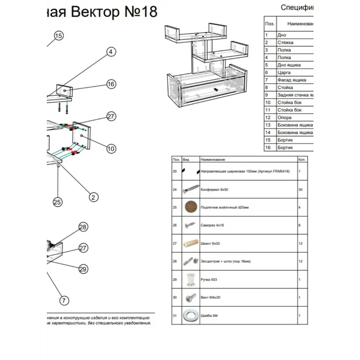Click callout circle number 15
59,36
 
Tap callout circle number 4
111,52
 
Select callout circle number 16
111,84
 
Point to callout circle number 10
111,148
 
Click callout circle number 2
93,197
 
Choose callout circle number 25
57,202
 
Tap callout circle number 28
83,227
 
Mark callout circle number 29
83,269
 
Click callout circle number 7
64,300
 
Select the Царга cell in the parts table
284,73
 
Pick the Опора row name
284,118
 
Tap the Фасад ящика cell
292,80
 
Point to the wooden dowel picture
191,243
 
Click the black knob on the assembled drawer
215,89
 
